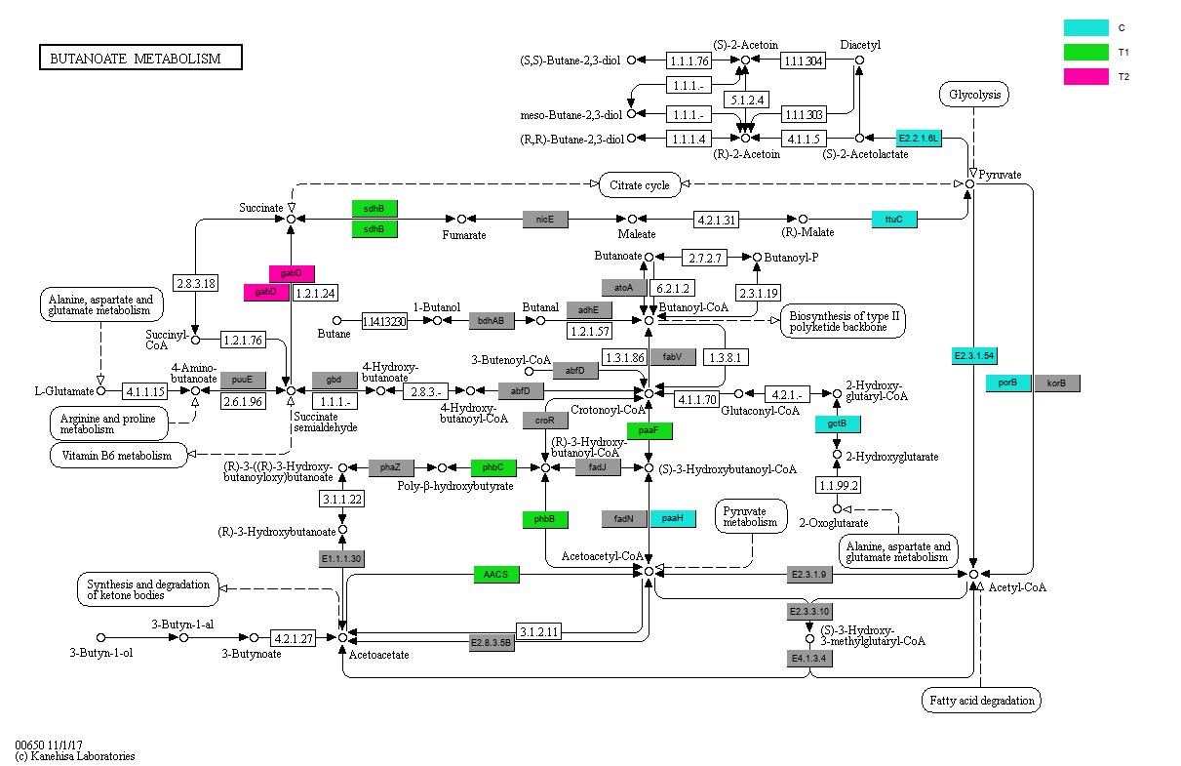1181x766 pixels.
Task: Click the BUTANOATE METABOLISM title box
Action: [140, 59]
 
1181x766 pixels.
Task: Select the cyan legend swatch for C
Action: [1085, 28]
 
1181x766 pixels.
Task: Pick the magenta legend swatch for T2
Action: [1085, 76]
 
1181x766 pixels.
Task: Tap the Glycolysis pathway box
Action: [973, 95]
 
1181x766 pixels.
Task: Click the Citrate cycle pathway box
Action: [640, 184]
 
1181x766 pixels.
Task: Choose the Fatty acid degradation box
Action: [981, 700]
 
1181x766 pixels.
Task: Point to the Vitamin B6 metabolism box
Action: [118, 456]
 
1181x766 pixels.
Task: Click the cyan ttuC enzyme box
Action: [894, 220]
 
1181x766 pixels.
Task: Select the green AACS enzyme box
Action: [496, 575]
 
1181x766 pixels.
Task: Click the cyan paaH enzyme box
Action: [673, 519]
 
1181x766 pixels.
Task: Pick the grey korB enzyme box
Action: [1057, 383]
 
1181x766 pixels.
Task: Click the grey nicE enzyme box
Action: [545, 220]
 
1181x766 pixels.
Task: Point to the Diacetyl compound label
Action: [860, 45]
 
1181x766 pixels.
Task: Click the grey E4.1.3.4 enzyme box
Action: [809, 659]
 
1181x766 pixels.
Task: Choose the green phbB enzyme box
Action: [544, 519]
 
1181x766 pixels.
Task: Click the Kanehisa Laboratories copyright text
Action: [75, 756]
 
